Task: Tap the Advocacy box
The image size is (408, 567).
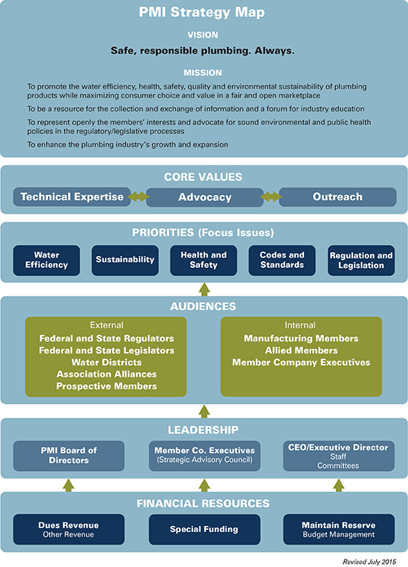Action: [204, 197]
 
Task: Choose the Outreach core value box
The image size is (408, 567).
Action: [337, 197]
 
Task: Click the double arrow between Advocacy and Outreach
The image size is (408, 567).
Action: [271, 197]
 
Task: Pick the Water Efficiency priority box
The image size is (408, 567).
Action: [47, 260]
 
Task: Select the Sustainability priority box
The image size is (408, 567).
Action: [125, 260]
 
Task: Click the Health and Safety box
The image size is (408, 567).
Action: [204, 260]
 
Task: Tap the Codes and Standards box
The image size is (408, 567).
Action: [282, 260]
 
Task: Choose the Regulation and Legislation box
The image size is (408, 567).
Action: [361, 260]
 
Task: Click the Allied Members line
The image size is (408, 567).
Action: [301, 350]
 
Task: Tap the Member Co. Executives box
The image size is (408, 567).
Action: [204, 455]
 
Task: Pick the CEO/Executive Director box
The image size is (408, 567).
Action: [339, 455]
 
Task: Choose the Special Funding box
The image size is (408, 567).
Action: [204, 530]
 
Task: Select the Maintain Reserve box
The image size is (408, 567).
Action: [339, 530]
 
